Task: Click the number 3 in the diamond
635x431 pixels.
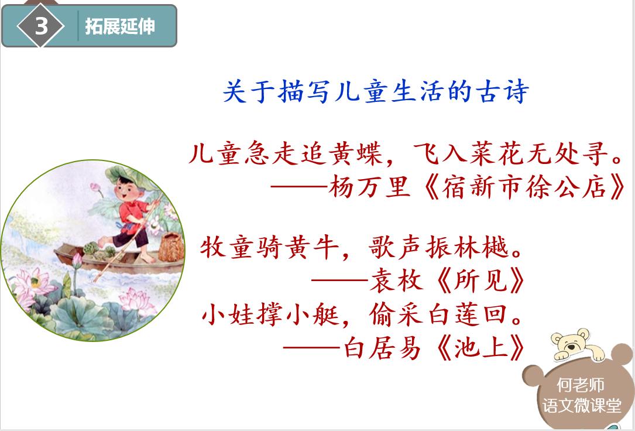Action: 40,26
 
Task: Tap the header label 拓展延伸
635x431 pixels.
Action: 120,26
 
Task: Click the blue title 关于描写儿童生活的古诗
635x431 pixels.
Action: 376,93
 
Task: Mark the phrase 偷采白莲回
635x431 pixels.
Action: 445,316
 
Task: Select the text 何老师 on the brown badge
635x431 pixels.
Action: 581,385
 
